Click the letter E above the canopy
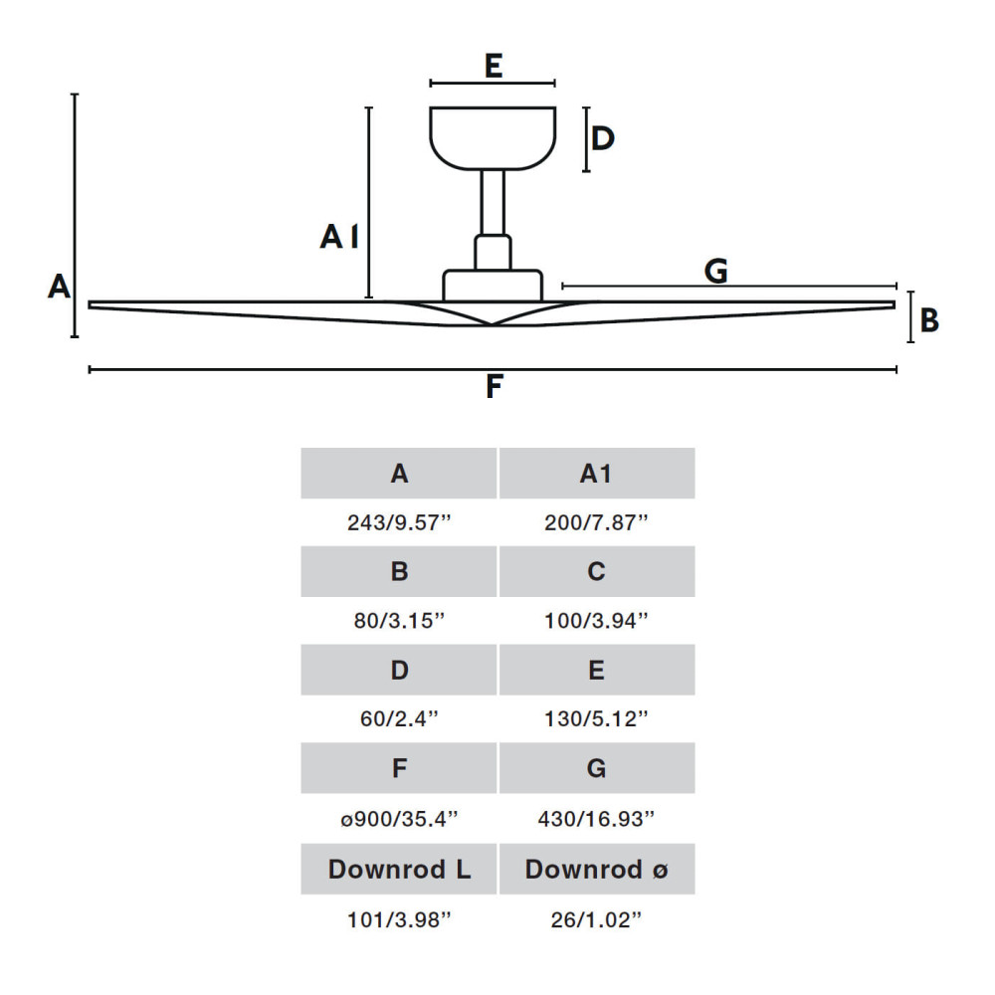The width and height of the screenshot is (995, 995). coord(493,66)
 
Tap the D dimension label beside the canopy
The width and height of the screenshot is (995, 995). coord(603,138)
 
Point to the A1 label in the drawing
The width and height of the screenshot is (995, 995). coord(339,237)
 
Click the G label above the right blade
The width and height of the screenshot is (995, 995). coord(715,270)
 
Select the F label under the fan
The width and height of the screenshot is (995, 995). coord(494,387)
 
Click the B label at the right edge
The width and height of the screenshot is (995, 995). coord(929,320)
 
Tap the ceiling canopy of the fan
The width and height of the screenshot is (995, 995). coord(493,137)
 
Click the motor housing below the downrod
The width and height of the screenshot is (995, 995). coord(493,285)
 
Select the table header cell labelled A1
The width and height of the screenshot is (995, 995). coord(596,474)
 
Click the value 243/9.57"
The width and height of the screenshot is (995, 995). coord(399,522)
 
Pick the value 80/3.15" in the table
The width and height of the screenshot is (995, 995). coord(399,620)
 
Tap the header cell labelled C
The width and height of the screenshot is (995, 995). coord(596,571)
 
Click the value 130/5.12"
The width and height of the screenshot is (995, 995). coord(596,717)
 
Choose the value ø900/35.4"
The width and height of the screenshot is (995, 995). coord(399,818)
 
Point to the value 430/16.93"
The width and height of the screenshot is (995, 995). coord(596,818)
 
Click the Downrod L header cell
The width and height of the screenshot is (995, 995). coord(399,870)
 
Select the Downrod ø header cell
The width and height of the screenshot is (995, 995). coord(596,870)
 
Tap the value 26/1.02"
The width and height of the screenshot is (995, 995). coord(596,918)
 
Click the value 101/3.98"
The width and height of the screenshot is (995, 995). coord(399,918)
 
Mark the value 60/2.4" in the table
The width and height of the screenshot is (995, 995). coord(399,717)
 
